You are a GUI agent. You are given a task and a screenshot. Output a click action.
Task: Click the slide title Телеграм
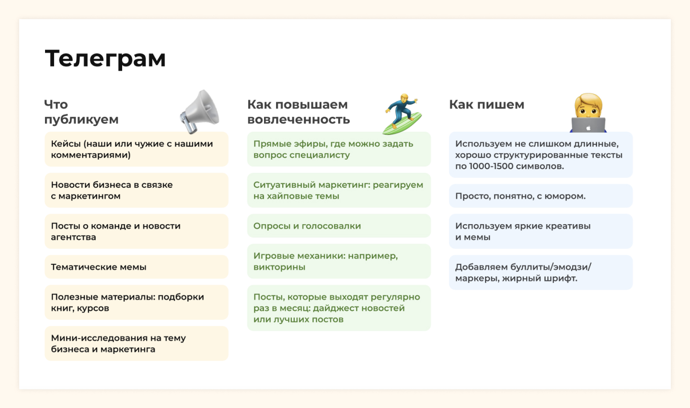point(105,58)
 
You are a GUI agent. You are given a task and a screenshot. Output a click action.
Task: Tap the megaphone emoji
point(200,112)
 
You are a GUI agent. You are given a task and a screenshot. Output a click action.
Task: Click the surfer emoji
point(402,114)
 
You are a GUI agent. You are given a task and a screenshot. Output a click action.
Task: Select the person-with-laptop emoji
point(588,113)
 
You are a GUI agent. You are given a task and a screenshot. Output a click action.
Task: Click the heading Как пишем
point(487,105)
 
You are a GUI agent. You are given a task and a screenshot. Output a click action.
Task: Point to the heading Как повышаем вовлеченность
point(299,112)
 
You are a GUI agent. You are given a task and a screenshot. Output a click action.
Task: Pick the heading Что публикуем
point(81,112)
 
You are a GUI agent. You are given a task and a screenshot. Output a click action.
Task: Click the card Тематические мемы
point(137,267)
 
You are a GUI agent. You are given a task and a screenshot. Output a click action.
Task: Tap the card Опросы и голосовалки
point(339,226)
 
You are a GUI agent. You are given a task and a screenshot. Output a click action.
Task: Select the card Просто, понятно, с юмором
point(540,196)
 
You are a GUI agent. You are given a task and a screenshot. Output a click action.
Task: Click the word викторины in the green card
point(279,267)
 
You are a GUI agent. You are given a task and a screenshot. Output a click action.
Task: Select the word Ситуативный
point(284,185)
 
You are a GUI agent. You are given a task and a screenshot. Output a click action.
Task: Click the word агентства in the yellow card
point(73,238)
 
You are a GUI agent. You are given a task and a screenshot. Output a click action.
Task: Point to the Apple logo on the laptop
point(588,128)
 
